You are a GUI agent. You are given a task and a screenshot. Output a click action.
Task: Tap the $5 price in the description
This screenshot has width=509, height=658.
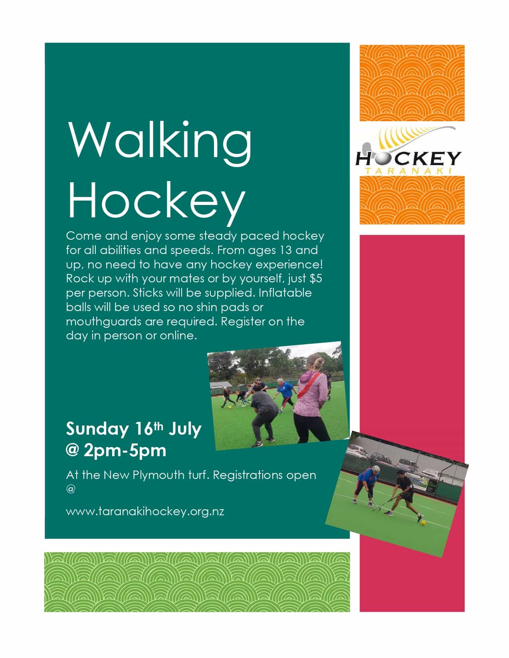tap(315, 278)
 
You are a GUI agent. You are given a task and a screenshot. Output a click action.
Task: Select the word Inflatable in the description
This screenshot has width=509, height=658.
tap(285, 293)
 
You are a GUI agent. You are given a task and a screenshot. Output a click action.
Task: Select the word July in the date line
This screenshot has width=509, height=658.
tap(185, 429)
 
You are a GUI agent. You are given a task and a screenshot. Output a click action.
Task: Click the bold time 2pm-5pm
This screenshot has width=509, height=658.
tap(125, 451)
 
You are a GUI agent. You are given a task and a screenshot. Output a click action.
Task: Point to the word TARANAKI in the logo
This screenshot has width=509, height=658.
tap(408, 171)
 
